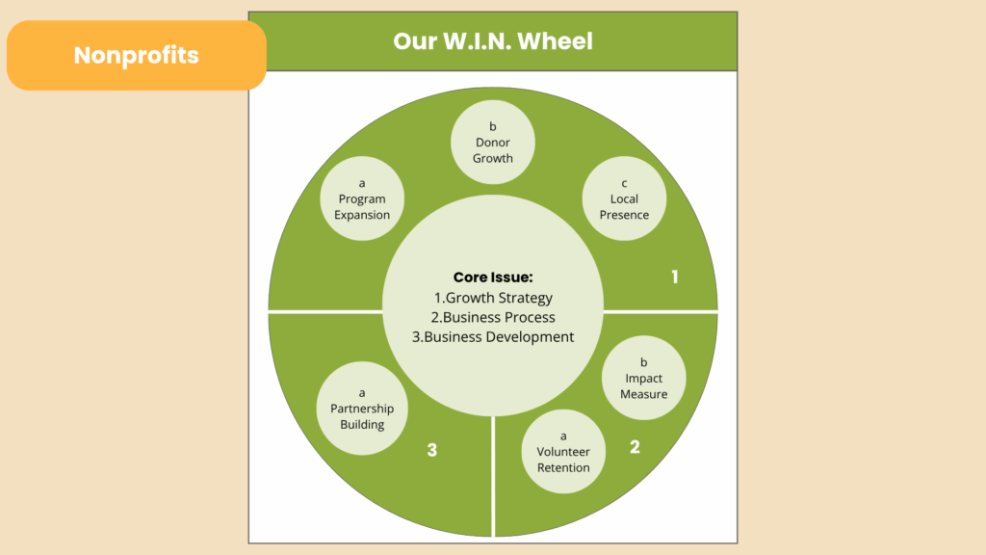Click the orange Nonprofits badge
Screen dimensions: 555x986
click(x=136, y=55)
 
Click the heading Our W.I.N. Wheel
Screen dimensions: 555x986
click(x=493, y=41)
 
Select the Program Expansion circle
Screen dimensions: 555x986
click(x=362, y=199)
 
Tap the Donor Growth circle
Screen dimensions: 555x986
click(x=493, y=143)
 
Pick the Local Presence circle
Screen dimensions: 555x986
click(x=624, y=199)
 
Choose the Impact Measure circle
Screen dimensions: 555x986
click(x=643, y=379)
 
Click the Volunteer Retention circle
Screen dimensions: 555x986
click(x=563, y=452)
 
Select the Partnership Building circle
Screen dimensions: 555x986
click(x=362, y=409)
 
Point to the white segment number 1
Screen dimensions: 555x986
click(x=675, y=277)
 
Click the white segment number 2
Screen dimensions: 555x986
click(x=635, y=447)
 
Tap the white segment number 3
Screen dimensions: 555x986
click(x=432, y=450)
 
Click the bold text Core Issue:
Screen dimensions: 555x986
click(x=493, y=277)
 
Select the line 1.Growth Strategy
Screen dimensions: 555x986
click(x=493, y=298)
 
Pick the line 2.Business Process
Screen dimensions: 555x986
click(x=493, y=317)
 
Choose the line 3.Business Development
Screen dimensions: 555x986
click(x=493, y=337)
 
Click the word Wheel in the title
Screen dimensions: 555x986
click(x=556, y=41)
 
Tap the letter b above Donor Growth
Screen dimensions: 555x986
click(x=493, y=126)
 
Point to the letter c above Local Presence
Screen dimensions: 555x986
click(x=624, y=183)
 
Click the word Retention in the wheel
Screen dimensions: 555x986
click(x=563, y=468)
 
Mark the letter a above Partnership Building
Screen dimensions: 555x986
click(x=362, y=392)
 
